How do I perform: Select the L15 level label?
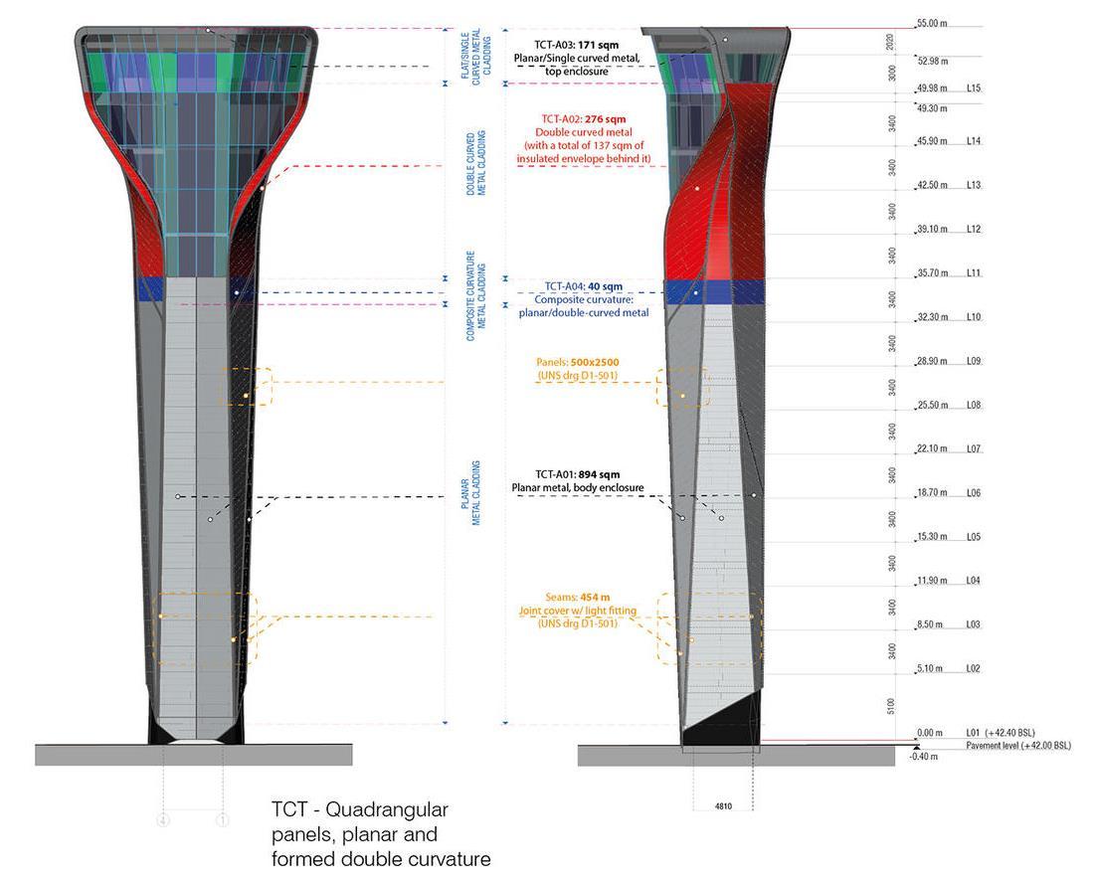point(974,88)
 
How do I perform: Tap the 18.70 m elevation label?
point(932,492)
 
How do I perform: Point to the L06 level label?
point(974,492)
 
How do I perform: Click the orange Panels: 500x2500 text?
point(577,362)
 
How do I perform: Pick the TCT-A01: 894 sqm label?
point(577,474)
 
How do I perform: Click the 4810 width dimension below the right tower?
point(724,806)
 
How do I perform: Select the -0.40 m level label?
point(924,757)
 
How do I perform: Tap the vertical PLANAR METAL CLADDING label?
point(476,493)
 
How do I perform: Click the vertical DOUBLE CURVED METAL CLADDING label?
point(476,163)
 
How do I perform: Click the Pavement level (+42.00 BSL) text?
point(1017,745)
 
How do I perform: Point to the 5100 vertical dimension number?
point(893,705)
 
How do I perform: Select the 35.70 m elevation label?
point(932,272)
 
